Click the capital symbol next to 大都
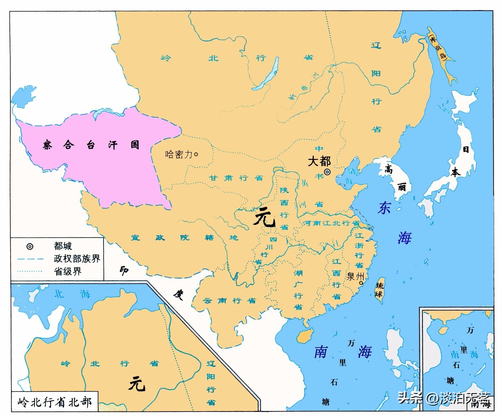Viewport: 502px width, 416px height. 327,172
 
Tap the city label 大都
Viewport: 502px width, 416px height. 319,161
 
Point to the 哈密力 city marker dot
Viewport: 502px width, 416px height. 196,154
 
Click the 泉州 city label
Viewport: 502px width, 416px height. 355,276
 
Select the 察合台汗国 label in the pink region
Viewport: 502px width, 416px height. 91,145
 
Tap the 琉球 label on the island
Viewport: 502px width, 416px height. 380,290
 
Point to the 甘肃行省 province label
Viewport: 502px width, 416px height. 236,178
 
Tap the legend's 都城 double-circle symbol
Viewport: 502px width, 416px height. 30,246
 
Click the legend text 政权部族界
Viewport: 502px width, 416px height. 77,258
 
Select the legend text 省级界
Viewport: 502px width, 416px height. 67,271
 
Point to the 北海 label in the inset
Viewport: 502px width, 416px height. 72,294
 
